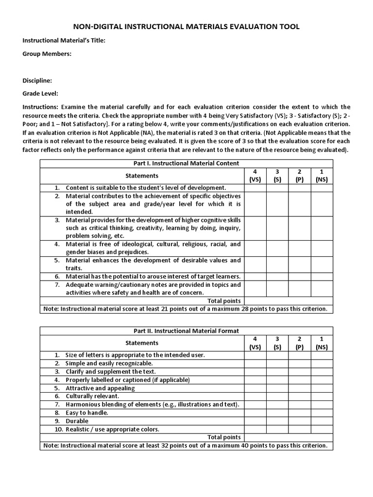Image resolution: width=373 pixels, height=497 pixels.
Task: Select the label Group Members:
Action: click(x=47, y=54)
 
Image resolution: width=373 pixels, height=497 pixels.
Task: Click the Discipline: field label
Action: click(x=37, y=81)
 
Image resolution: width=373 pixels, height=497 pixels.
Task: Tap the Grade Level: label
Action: click(x=40, y=94)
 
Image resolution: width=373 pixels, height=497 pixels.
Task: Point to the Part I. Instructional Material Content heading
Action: click(x=186, y=164)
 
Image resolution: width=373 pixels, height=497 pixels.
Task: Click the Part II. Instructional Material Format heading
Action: click(x=186, y=331)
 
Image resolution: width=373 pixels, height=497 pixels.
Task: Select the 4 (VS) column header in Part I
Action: click(x=255, y=176)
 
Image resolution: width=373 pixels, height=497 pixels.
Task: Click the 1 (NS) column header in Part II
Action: click(x=322, y=343)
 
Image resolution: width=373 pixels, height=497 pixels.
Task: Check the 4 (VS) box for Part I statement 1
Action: click(x=255, y=187)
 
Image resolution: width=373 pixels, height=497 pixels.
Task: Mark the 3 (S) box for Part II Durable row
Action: click(x=277, y=421)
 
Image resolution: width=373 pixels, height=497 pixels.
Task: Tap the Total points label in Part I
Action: click(x=224, y=301)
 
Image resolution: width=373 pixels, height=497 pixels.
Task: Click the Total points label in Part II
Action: click(x=224, y=437)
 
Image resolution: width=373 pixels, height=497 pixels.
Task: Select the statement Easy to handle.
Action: click(x=87, y=413)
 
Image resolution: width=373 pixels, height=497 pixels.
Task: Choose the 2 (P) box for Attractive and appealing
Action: click(x=300, y=388)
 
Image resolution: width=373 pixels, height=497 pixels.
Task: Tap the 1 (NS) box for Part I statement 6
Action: click(x=322, y=276)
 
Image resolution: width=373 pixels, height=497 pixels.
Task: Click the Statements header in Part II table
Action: click(x=142, y=343)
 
